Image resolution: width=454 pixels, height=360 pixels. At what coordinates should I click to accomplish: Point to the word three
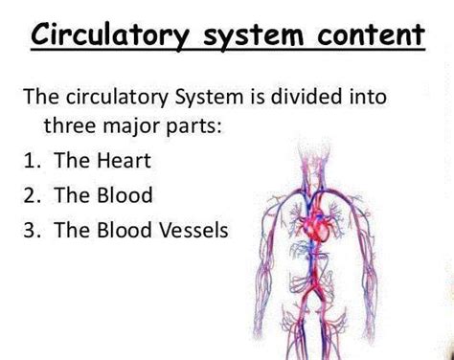pos(69,125)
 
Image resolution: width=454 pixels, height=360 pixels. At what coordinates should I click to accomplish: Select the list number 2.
pos(30,195)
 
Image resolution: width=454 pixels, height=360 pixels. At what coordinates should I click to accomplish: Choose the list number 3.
pos(30,230)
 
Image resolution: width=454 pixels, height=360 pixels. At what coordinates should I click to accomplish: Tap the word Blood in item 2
pos(128,195)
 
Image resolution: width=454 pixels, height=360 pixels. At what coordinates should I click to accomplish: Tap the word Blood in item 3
pos(128,230)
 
